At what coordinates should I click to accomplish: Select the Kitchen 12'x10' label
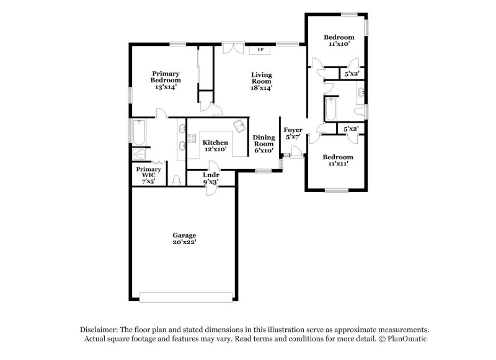pyautogui.click(x=215, y=146)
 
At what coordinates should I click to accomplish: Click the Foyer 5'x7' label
pyautogui.click(x=293, y=133)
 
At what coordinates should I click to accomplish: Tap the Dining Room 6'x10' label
pyautogui.click(x=263, y=144)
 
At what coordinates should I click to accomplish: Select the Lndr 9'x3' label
pyautogui.click(x=211, y=179)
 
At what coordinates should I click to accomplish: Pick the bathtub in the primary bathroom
pyautogui.click(x=137, y=131)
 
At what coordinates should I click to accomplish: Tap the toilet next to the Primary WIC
pyautogui.click(x=177, y=180)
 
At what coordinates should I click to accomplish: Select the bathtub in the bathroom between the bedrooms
pyautogui.click(x=330, y=112)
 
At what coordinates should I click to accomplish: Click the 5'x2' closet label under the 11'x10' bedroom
pyautogui.click(x=352, y=74)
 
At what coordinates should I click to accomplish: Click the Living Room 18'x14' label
pyautogui.click(x=261, y=81)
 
